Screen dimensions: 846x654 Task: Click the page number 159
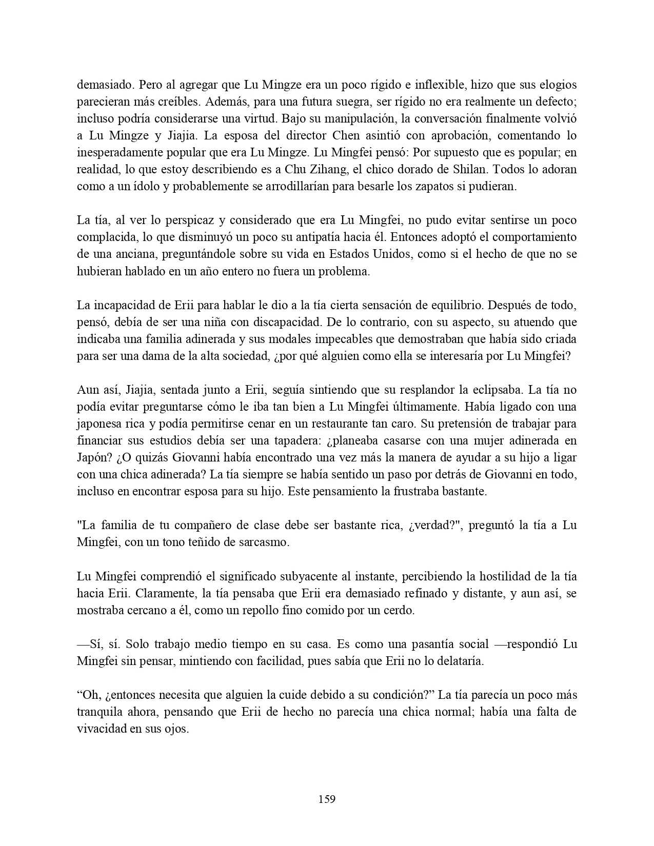[327, 799]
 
